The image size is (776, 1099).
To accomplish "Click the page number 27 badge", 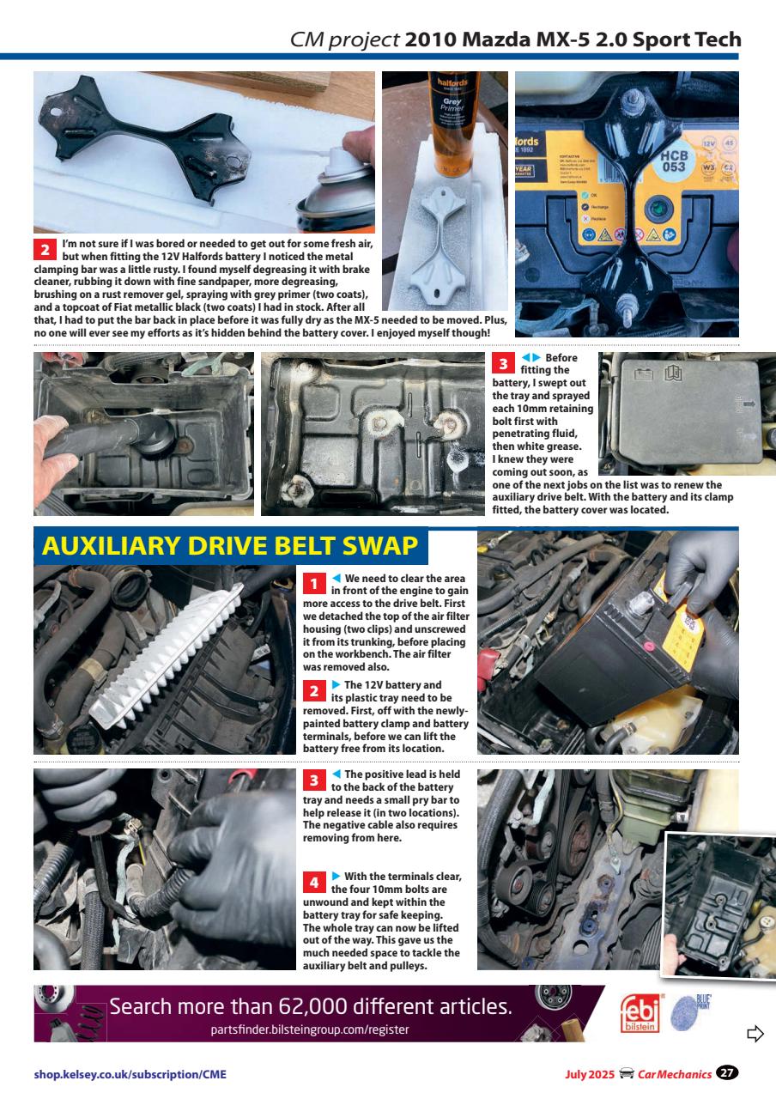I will (x=728, y=1072).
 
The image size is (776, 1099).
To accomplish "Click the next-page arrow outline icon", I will (x=755, y=1033).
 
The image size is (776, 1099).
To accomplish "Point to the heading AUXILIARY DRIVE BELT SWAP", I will (x=230, y=546).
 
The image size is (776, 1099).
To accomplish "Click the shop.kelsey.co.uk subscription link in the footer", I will (x=130, y=1073).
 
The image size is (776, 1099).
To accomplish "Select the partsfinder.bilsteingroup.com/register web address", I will (x=310, y=1029).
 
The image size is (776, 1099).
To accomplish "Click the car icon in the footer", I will (x=627, y=1073).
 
